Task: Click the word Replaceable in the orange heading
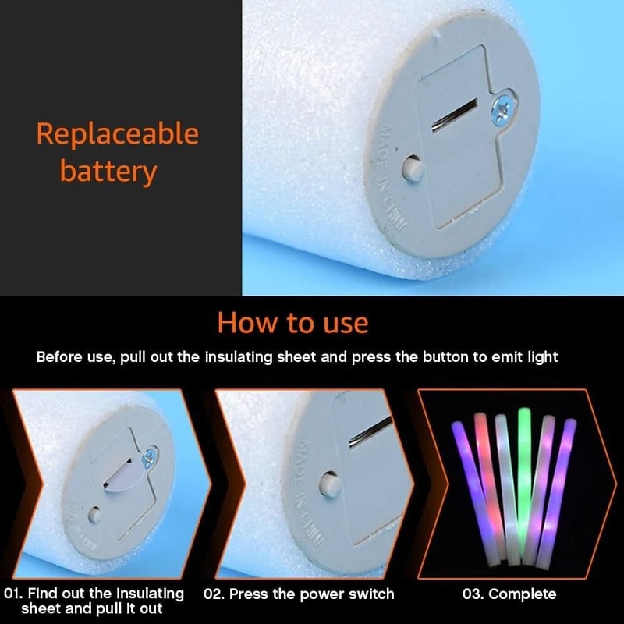118,133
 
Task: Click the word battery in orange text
108,172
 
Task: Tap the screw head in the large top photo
502,108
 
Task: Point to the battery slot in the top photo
455,115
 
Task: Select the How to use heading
293,323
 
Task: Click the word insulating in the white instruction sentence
239,356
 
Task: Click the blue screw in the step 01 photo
149,458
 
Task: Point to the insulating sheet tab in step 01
124,477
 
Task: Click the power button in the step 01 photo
94,516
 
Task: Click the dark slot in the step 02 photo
370,432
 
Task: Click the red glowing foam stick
489,484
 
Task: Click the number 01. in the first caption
13,594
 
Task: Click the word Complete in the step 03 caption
523,594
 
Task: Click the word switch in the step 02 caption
371,594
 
